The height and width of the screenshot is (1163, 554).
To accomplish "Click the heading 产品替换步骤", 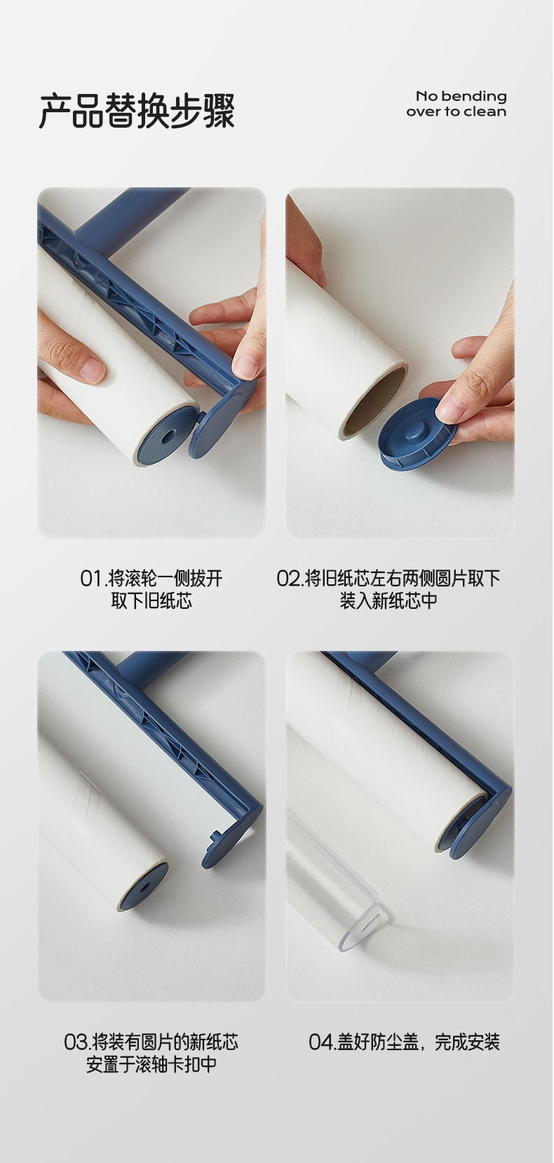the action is (x=137, y=111).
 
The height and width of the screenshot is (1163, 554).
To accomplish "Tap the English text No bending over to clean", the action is (x=457, y=104).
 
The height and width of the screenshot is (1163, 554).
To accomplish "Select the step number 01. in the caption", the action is (x=93, y=579).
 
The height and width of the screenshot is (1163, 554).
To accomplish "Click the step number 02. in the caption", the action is (x=290, y=579).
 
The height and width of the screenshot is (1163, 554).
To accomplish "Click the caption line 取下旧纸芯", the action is (x=151, y=600).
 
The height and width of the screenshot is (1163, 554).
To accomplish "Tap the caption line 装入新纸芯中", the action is (x=389, y=600).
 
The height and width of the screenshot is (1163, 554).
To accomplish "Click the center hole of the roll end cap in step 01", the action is (x=168, y=435).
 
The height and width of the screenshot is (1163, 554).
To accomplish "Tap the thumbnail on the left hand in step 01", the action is (x=92, y=370).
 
